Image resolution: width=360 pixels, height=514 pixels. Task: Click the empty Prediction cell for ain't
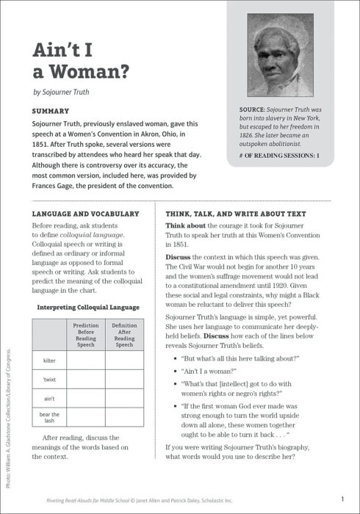86,399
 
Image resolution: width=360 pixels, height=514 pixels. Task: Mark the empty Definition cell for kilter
124,361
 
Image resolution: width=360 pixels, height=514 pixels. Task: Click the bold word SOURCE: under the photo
246,109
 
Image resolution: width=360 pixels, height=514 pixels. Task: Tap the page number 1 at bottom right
342,499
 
